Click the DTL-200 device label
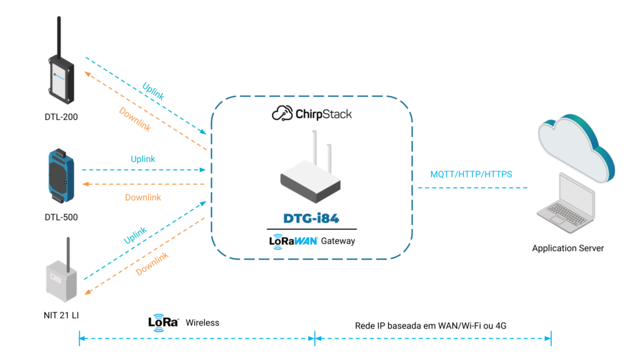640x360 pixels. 61,116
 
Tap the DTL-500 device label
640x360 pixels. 61,217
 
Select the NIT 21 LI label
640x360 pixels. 61,316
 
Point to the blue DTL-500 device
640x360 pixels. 61,177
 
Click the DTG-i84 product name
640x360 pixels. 311,218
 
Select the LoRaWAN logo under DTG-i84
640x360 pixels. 293,240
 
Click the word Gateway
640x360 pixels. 338,241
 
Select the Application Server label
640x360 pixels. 568,248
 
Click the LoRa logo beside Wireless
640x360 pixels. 163,322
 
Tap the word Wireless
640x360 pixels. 202,322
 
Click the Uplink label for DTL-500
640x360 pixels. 142,159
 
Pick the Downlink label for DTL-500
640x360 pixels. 142,197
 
